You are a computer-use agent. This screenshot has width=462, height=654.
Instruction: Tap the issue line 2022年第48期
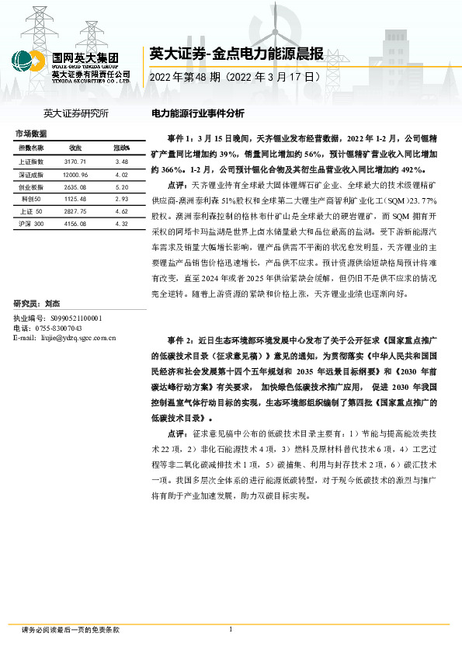click(x=234, y=78)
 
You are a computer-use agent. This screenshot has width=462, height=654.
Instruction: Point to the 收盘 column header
click(x=75, y=148)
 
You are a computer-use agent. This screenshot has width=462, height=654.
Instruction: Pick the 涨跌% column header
click(x=121, y=148)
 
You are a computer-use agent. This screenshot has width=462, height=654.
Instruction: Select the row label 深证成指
click(x=31, y=176)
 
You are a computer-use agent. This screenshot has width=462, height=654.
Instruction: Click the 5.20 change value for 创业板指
click(x=121, y=188)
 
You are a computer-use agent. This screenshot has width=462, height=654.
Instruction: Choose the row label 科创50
click(x=32, y=200)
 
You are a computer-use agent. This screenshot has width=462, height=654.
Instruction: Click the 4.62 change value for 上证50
click(x=121, y=211)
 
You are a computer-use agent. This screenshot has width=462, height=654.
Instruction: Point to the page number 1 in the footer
click(x=231, y=629)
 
